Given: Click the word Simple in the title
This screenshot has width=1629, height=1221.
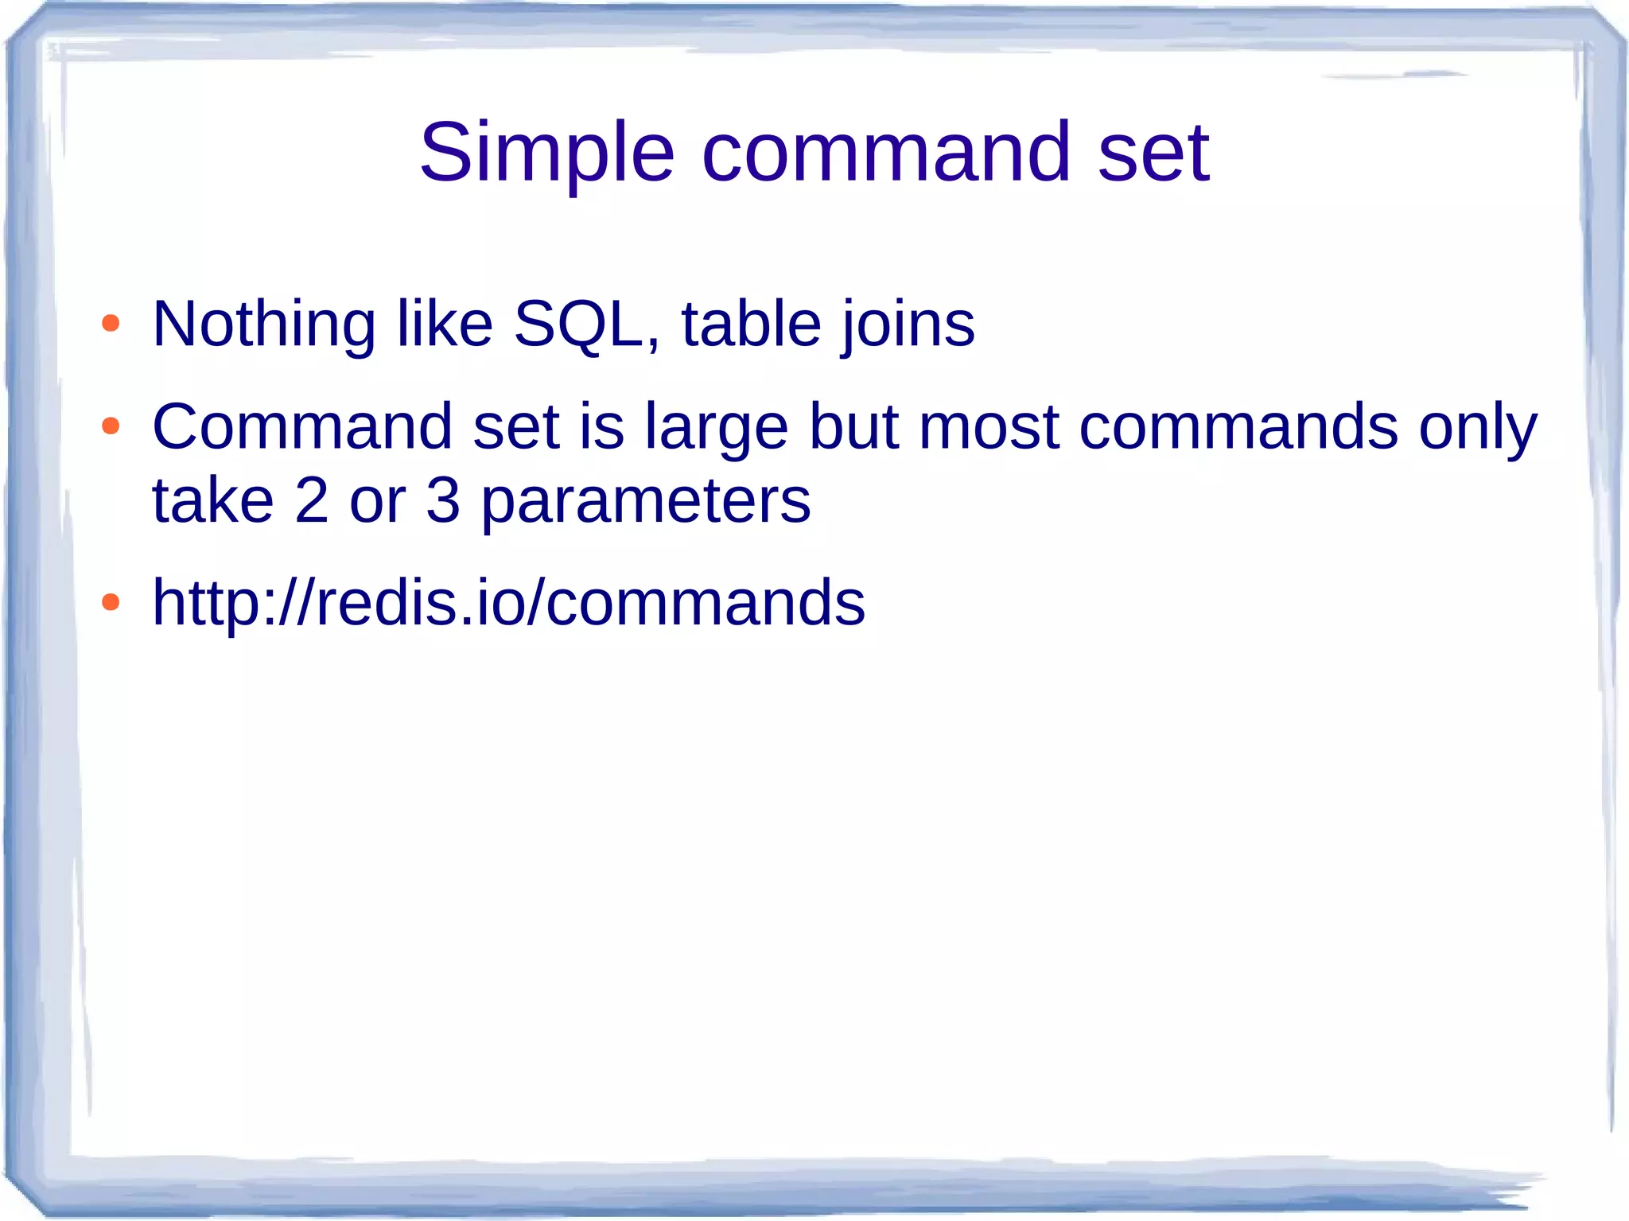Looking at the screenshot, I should click(546, 153).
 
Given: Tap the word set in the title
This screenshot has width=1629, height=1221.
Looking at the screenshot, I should click(1153, 153).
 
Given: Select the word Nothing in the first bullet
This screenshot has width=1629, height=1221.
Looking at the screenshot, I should click(263, 324).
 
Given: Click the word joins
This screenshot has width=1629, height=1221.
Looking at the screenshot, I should click(908, 324).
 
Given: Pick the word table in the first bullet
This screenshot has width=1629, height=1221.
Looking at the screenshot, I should click(751, 324).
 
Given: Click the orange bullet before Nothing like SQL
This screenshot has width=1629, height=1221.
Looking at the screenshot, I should click(111, 324).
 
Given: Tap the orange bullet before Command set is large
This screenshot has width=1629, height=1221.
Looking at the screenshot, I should click(111, 426).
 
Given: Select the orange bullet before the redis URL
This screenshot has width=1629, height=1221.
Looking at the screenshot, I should click(111, 602).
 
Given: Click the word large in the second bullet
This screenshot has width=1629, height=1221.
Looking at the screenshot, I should click(716, 428).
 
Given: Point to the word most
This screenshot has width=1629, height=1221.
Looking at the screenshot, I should click(989, 427).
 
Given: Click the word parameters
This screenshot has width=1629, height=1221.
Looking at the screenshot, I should click(646, 502).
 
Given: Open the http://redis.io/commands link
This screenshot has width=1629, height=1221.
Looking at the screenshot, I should click(508, 602).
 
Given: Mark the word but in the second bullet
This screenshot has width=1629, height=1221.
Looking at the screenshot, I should click(853, 427).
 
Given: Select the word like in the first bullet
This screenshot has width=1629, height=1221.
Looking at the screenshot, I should click(445, 324).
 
